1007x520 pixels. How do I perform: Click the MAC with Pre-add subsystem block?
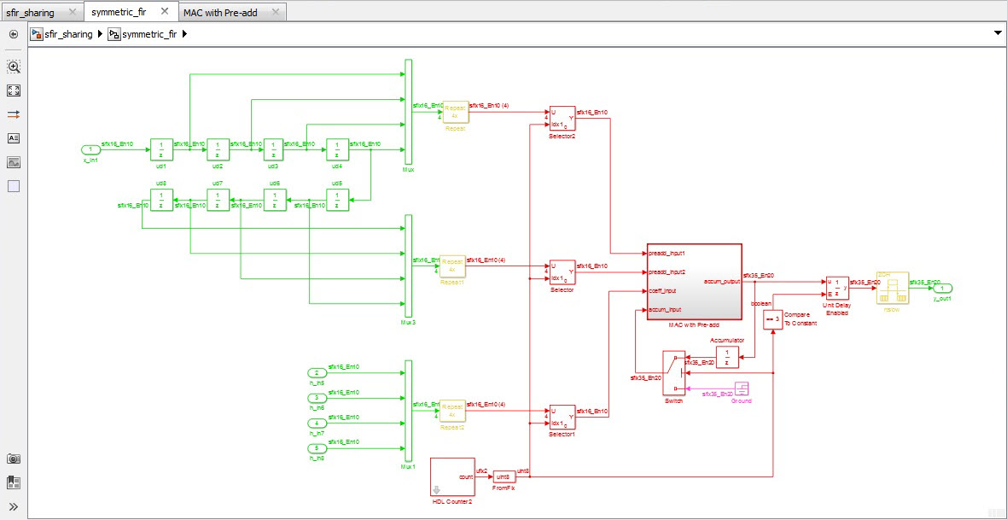coord(694,282)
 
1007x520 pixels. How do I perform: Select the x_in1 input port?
coord(90,149)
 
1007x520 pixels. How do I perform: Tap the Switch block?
coord(674,372)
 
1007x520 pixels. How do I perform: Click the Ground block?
coord(742,388)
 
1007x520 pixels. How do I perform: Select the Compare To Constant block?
coord(772,319)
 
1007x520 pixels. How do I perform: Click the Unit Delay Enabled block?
coord(836,288)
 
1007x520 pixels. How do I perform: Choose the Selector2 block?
coord(562,119)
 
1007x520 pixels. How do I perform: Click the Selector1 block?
coord(562,417)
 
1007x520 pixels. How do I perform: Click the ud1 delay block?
coord(161,149)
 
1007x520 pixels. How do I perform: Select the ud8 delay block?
coord(161,200)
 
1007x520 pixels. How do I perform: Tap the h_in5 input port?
coord(316,373)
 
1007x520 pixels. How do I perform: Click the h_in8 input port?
coord(316,447)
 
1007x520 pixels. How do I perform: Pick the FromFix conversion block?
coord(504,476)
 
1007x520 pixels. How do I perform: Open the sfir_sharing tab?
coord(31,12)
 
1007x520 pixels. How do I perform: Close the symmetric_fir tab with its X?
coord(165,12)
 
